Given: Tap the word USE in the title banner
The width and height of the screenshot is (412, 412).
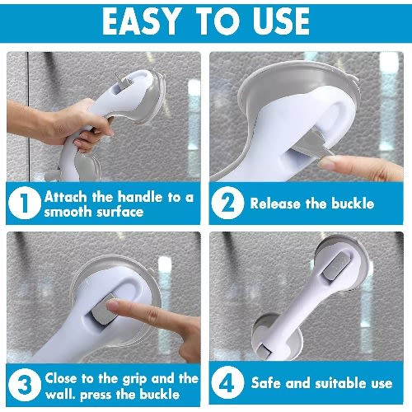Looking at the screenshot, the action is (281, 21).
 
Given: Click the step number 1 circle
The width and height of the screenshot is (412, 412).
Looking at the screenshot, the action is (25, 203).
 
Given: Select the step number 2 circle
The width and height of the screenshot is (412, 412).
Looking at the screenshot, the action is (227, 203).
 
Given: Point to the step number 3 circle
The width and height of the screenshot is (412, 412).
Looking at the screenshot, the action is (25, 384).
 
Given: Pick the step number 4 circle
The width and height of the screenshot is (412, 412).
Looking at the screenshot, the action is (227, 382).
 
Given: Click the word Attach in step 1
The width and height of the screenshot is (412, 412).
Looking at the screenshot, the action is (66, 197).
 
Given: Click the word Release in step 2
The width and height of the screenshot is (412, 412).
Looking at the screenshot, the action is (275, 204).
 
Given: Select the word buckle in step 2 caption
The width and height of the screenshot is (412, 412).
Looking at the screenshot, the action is (353, 204).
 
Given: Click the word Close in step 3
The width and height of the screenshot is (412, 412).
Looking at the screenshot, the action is (61, 378).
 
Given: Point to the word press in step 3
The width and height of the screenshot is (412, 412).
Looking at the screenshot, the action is (96, 396).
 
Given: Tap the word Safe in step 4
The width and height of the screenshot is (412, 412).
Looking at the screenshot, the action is (265, 382).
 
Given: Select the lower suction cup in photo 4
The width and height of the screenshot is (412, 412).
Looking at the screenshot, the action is (278, 338).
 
